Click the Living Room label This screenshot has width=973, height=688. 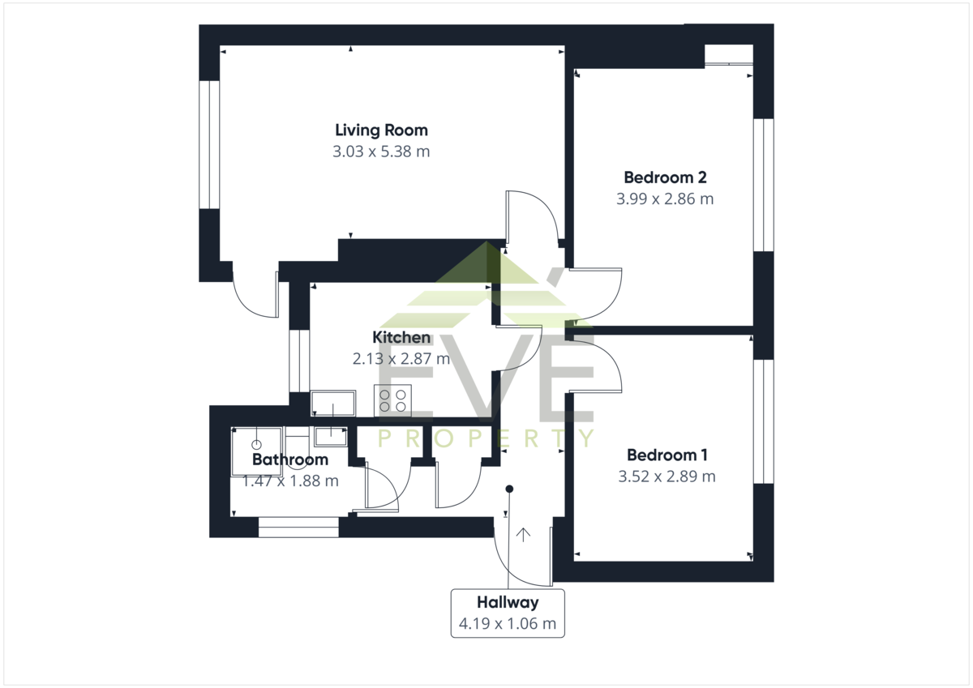pos(381,130)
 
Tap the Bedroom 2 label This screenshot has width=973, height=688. pos(665,177)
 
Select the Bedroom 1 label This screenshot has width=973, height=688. pos(667,455)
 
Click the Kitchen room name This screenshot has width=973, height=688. pos(401,337)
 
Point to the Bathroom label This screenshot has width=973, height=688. pos(290,459)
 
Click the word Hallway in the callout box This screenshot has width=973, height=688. pos(508,602)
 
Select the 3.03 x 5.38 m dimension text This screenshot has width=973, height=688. pos(381,152)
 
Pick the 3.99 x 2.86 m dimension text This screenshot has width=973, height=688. pos(665,199)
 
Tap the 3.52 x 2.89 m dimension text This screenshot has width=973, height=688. pos(667,476)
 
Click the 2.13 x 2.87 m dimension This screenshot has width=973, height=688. pos(401,358)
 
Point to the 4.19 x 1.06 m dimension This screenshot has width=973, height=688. pos(508,623)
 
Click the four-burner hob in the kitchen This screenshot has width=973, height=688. pos(392,400)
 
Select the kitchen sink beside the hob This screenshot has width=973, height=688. pos(333,404)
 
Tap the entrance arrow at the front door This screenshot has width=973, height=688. pos(524,535)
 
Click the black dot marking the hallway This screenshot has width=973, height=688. pos(509,489)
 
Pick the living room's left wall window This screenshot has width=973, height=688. pos(209,144)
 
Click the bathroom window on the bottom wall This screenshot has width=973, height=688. pos(298,527)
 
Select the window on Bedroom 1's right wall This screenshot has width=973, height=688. pos(763,421)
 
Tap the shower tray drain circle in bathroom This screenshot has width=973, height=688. pos(257,445)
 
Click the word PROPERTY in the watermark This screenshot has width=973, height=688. pos(486,438)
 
